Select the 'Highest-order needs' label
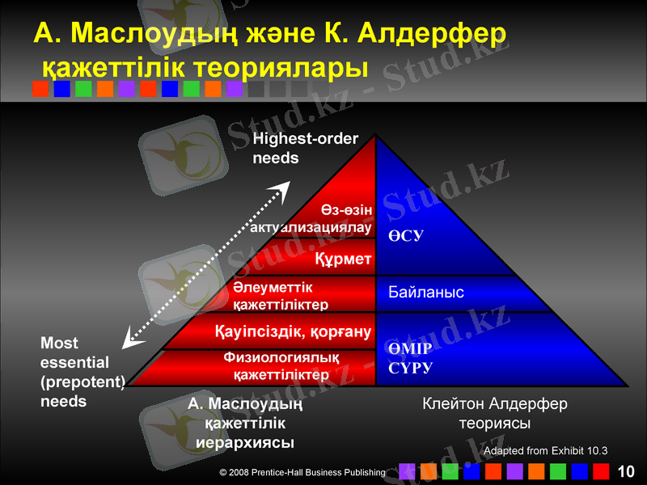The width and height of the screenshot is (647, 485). [305, 149]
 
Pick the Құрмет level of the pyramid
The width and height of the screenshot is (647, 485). [342, 259]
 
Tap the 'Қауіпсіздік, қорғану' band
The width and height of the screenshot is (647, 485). [292, 331]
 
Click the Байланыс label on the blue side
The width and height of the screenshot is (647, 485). [426, 292]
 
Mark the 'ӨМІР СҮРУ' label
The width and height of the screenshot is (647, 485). [410, 358]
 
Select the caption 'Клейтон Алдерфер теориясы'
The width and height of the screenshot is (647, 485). [494, 412]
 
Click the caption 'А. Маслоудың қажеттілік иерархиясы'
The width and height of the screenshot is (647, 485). [245, 422]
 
